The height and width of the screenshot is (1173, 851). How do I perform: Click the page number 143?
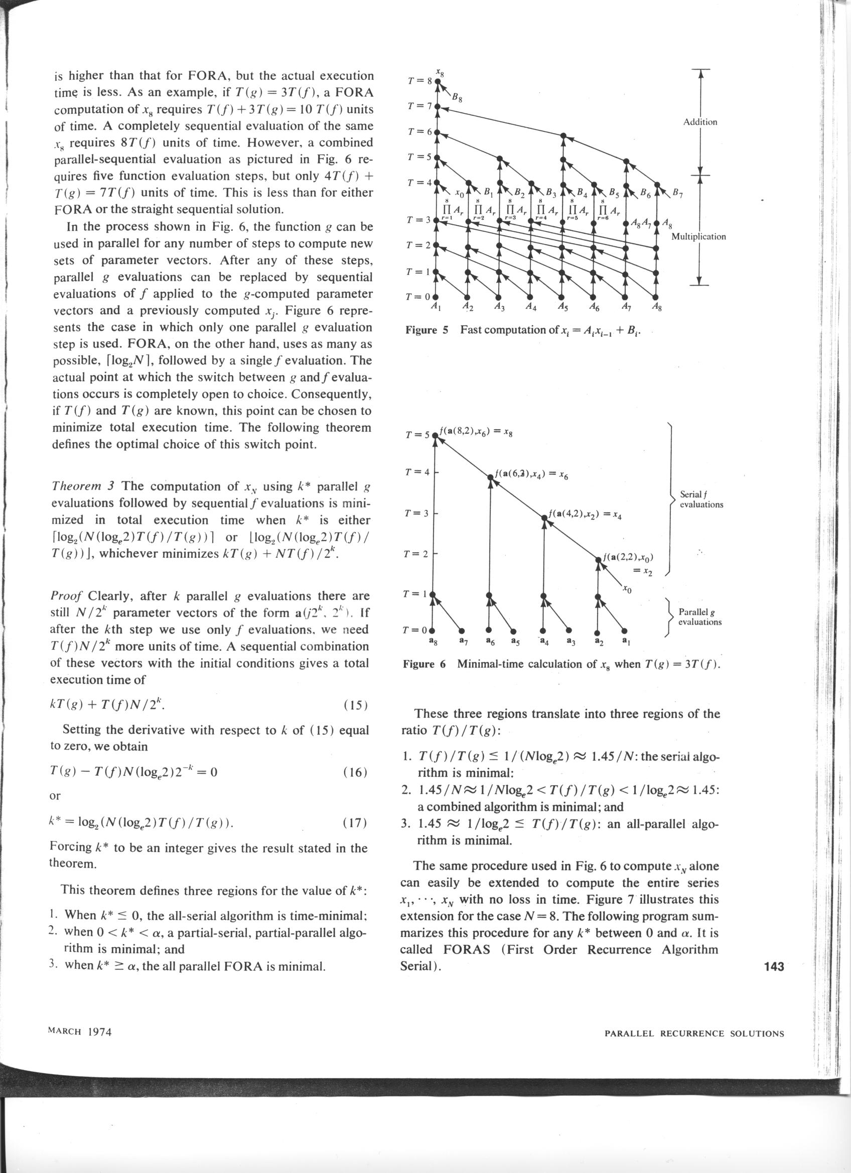pos(773,965)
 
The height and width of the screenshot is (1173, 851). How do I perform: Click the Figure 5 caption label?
pos(427,329)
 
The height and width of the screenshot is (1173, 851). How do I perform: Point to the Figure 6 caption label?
pos(424,663)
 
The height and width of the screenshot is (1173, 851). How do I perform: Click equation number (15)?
pos(355,705)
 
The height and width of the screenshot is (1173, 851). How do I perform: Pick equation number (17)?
pos(355,822)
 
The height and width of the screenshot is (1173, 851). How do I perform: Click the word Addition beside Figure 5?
pos(700,122)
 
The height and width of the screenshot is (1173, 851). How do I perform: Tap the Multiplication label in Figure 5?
pos(698,236)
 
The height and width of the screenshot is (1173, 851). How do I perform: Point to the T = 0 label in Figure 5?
pos(419,297)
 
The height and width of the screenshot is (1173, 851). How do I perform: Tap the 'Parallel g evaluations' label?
pos(700,617)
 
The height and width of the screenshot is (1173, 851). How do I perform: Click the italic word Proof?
pos(67,596)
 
